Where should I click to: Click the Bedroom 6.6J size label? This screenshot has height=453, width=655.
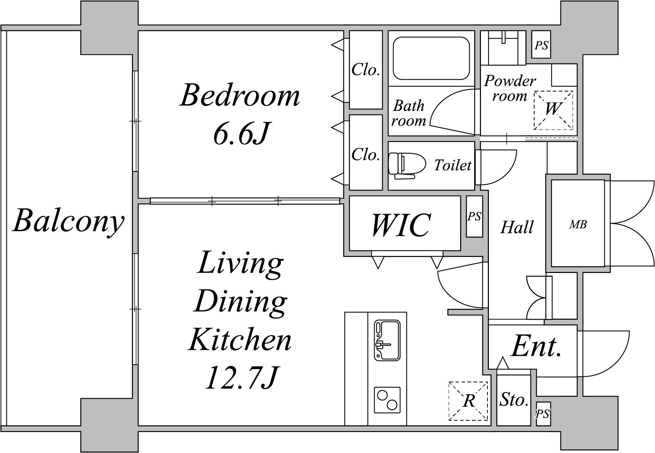(x=241, y=134)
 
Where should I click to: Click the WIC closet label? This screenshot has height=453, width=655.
(x=401, y=224)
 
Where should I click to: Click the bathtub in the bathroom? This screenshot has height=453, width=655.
(x=431, y=58)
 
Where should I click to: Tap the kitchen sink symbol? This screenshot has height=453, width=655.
(x=387, y=340)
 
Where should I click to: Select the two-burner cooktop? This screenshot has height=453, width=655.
(x=387, y=400)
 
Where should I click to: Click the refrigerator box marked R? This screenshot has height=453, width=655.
(x=468, y=401)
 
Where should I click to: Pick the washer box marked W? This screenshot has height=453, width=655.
(x=553, y=110)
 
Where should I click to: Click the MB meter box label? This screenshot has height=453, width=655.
(x=578, y=224)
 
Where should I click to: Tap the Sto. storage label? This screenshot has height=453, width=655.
(x=514, y=399)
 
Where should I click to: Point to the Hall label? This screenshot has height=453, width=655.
(x=517, y=227)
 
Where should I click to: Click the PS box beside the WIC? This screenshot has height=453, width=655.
(x=474, y=216)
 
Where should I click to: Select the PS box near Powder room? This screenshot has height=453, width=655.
(x=541, y=45)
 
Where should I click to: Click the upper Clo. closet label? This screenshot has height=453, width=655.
(x=365, y=69)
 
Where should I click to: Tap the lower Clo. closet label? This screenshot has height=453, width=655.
(x=365, y=155)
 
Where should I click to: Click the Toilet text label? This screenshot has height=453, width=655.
(x=452, y=165)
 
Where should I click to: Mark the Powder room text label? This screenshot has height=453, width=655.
(x=510, y=88)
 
